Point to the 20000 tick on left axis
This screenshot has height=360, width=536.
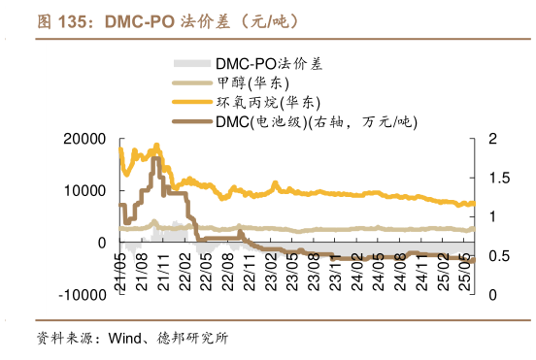pyautogui.click(x=84, y=140)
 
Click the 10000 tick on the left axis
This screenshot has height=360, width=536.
pyautogui.click(x=84, y=191)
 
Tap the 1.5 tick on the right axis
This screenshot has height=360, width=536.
pyautogui.click(x=496, y=179)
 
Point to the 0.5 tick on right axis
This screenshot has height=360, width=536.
pyautogui.click(x=496, y=256)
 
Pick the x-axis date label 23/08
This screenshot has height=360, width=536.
pyautogui.click(x=313, y=264)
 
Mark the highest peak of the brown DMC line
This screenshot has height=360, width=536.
pyautogui.click(x=155, y=157)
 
